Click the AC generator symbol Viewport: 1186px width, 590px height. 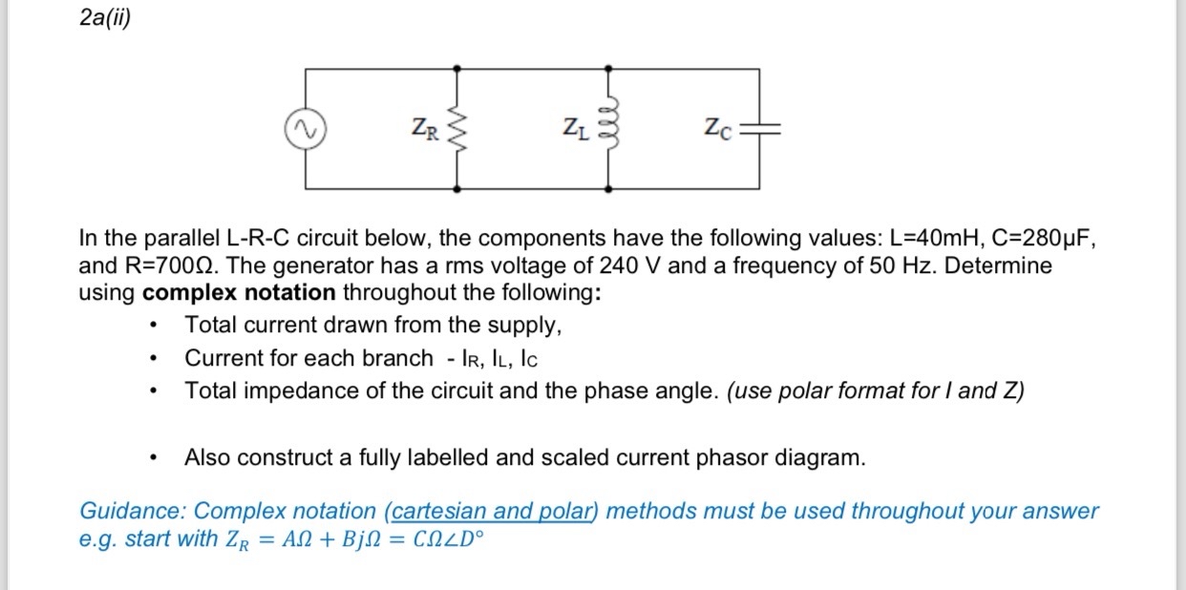point(307,129)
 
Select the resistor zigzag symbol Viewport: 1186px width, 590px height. point(457,129)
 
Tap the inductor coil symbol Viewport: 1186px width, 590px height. point(610,127)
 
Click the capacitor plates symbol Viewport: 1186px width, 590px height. point(760,129)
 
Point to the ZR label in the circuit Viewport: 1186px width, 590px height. point(425,128)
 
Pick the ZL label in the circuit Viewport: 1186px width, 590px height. point(575,127)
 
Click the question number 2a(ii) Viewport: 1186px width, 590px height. point(104,20)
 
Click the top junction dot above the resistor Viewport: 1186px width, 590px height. point(457,69)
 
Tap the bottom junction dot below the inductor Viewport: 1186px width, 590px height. point(610,189)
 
